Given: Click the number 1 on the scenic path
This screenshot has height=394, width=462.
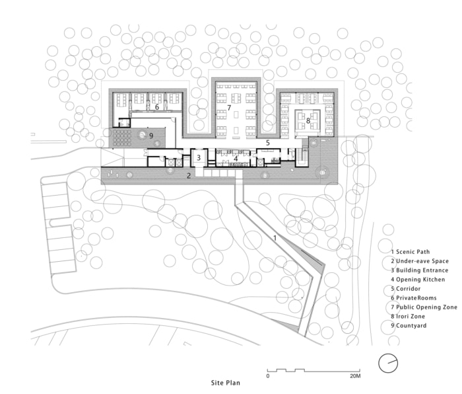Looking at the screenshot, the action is [275, 238].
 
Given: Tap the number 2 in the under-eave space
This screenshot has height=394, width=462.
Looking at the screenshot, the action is [189, 176].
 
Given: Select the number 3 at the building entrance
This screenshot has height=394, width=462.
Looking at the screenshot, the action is [199, 157].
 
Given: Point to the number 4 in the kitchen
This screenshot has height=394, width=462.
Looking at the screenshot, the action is [236, 159].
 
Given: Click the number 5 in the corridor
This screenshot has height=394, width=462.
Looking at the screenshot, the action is [268, 143].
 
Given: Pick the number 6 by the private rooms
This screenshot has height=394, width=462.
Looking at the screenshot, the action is [157, 107].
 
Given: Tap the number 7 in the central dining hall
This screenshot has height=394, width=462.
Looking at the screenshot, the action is [229, 108].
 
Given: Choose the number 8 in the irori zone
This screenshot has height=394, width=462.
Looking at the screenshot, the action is [308, 121].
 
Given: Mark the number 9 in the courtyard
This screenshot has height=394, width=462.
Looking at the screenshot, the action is [151, 136].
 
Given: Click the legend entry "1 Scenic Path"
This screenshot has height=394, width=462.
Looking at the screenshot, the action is [410, 252].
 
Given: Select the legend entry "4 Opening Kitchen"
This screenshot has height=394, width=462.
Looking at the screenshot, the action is [418, 280].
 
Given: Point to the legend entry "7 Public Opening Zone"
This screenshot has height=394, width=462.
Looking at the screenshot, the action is [424, 307].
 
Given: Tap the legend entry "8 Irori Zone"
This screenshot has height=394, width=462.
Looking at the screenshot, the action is [408, 317].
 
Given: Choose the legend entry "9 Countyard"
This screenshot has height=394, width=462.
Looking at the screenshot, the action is [409, 325].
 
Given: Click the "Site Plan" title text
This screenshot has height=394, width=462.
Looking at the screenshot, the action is [226, 383].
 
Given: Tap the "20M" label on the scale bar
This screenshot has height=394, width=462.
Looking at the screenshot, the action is [355, 376].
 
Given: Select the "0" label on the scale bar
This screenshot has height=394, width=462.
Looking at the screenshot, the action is [267, 376].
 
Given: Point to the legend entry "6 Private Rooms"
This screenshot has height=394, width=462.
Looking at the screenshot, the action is [414, 298].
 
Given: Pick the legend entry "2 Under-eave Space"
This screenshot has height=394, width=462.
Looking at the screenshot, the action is [420, 261].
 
